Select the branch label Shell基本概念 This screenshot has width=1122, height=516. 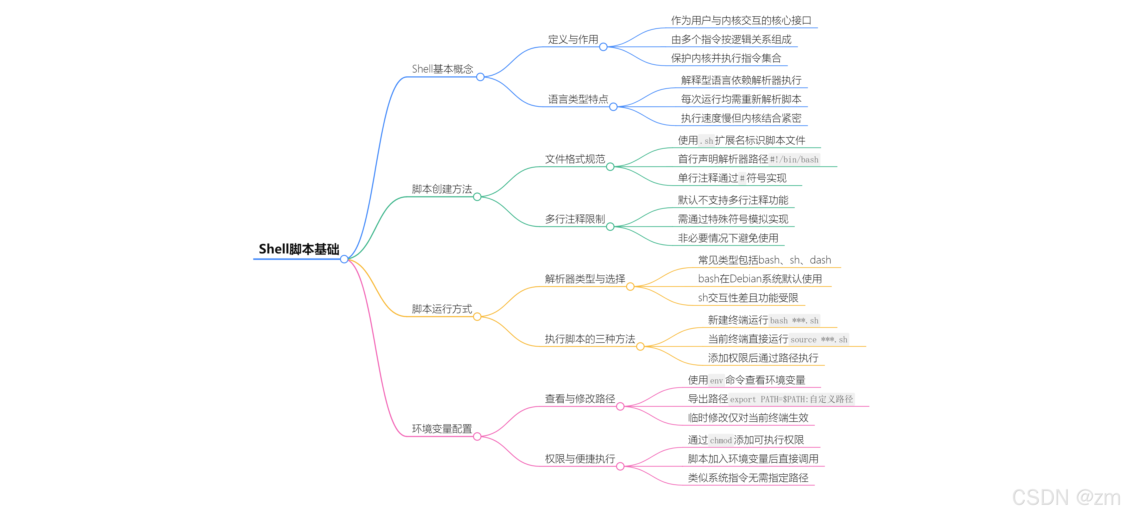pyautogui.click(x=442, y=69)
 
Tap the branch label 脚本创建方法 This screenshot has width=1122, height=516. pyautogui.click(x=442, y=189)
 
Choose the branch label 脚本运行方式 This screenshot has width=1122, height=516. pyautogui.click(x=442, y=309)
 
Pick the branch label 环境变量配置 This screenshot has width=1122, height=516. pyautogui.click(x=442, y=429)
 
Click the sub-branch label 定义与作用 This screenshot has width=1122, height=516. pyautogui.click(x=573, y=40)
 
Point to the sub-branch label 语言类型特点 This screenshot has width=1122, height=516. pyautogui.click(x=578, y=99)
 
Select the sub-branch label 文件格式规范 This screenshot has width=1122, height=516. pyautogui.click(x=575, y=159)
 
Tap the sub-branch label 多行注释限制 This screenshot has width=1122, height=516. pyautogui.click(x=575, y=219)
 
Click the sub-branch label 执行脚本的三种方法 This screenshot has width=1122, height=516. pyautogui.click(x=590, y=339)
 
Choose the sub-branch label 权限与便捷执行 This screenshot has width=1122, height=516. pyautogui.click(x=580, y=459)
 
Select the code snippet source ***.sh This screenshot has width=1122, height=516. pyautogui.click(x=818, y=340)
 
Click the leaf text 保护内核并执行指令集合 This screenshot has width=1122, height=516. pyautogui.click(x=726, y=58)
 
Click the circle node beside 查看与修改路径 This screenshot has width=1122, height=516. pyautogui.click(x=620, y=407)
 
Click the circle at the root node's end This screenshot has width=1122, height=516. pyautogui.click(x=344, y=259)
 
